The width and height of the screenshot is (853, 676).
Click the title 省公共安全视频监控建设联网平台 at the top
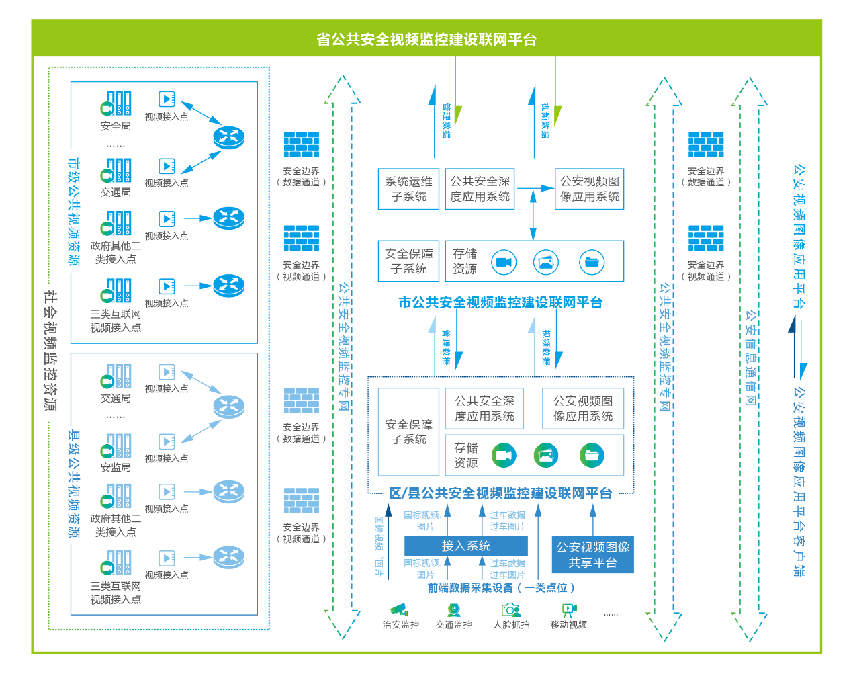[426, 40]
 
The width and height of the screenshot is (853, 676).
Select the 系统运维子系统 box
[408, 189]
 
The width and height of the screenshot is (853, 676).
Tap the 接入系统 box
[465, 546]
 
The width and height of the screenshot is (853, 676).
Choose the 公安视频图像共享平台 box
[592, 555]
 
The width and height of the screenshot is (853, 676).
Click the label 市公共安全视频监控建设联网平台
[500, 302]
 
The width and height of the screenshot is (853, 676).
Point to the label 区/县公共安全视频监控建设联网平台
[500, 493]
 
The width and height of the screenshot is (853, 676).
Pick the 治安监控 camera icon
[400, 609]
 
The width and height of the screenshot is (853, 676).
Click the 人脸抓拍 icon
[510, 609]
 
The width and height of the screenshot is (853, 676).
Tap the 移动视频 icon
[569, 609]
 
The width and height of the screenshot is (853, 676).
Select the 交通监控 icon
[454, 609]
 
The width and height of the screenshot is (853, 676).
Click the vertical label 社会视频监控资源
[50, 349]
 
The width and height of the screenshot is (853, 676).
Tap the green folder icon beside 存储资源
[592, 456]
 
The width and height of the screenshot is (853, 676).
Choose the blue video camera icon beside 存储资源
[504, 262]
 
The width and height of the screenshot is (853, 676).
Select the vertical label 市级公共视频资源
[73, 212]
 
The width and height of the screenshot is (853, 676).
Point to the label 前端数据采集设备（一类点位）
[501, 588]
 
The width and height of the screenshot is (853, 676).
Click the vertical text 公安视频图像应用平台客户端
[799, 480]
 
